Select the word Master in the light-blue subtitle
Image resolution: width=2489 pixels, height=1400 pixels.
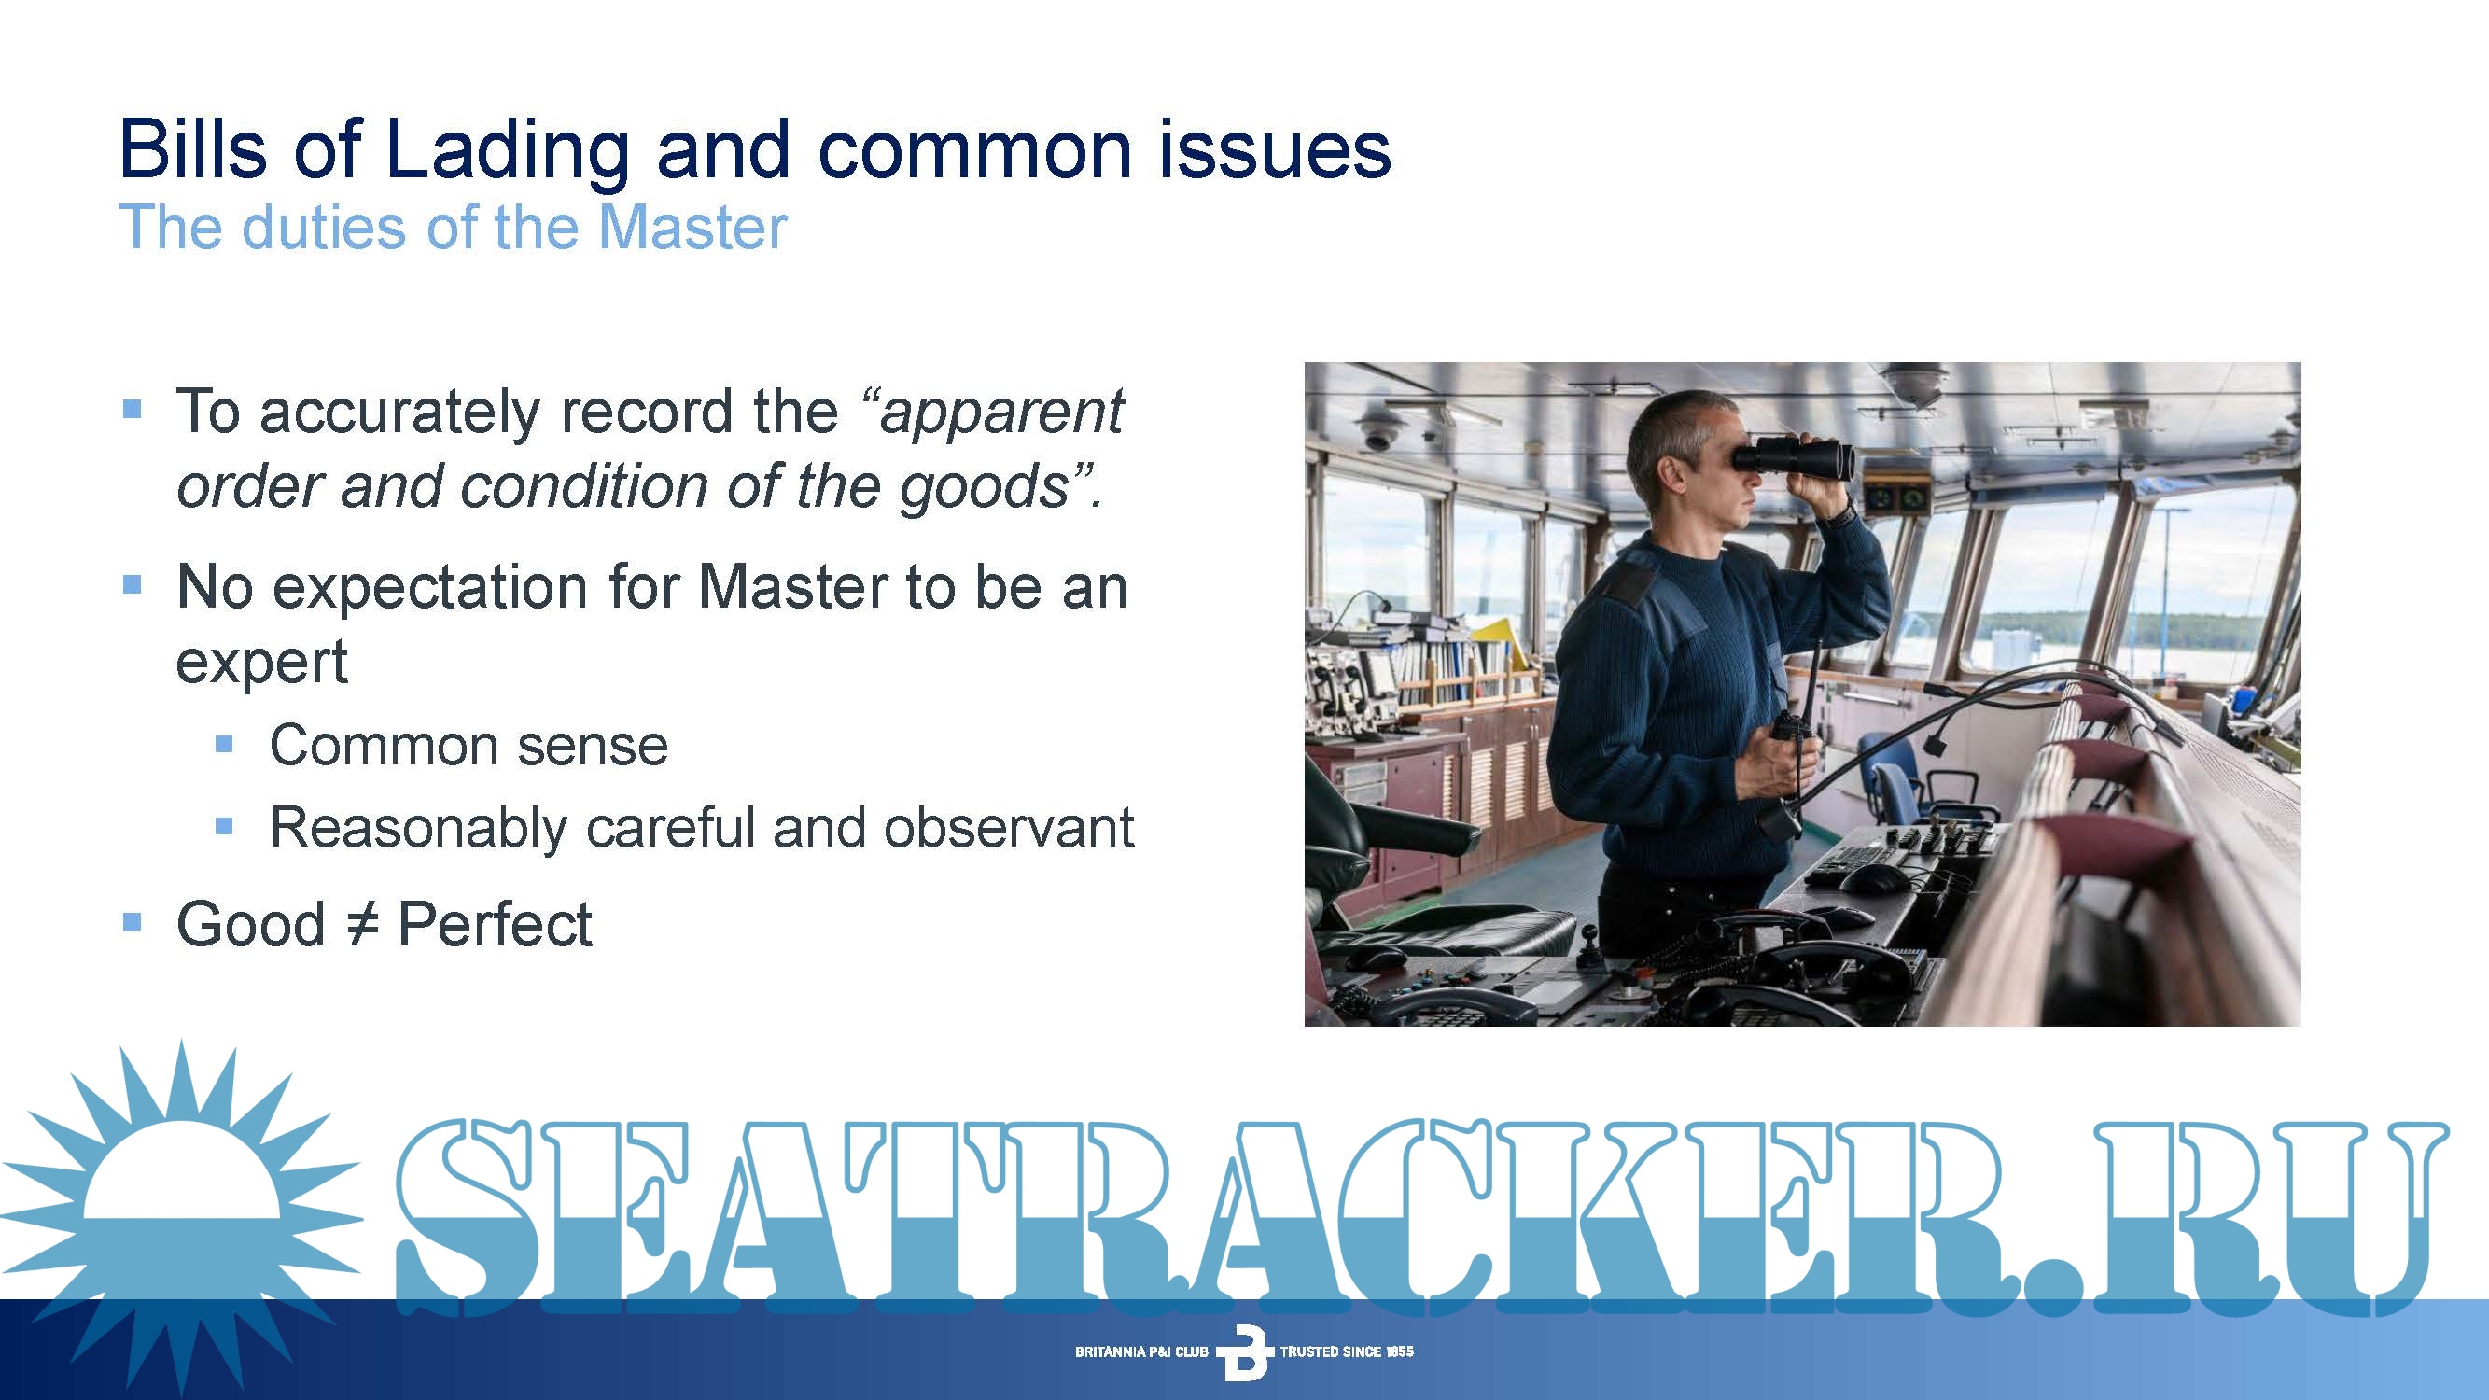pyautogui.click(x=692, y=228)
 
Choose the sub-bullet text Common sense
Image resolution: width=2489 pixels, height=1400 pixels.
pyautogui.click(x=468, y=745)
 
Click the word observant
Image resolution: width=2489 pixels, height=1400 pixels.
pyautogui.click(x=1009, y=827)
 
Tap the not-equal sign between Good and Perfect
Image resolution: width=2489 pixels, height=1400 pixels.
pyautogui.click(x=361, y=926)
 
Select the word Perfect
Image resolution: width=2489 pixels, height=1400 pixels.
pyautogui.click(x=495, y=924)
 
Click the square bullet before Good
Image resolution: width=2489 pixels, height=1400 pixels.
pyautogui.click(x=133, y=923)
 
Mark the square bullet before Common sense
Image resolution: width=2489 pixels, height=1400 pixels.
pyautogui.click(x=224, y=744)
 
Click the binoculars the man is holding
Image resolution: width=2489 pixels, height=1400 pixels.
pyautogui.click(x=1794, y=456)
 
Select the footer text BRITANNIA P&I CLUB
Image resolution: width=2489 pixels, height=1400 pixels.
pyautogui.click(x=1141, y=1351)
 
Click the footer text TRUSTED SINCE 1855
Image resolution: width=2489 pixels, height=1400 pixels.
pyautogui.click(x=1346, y=1351)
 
